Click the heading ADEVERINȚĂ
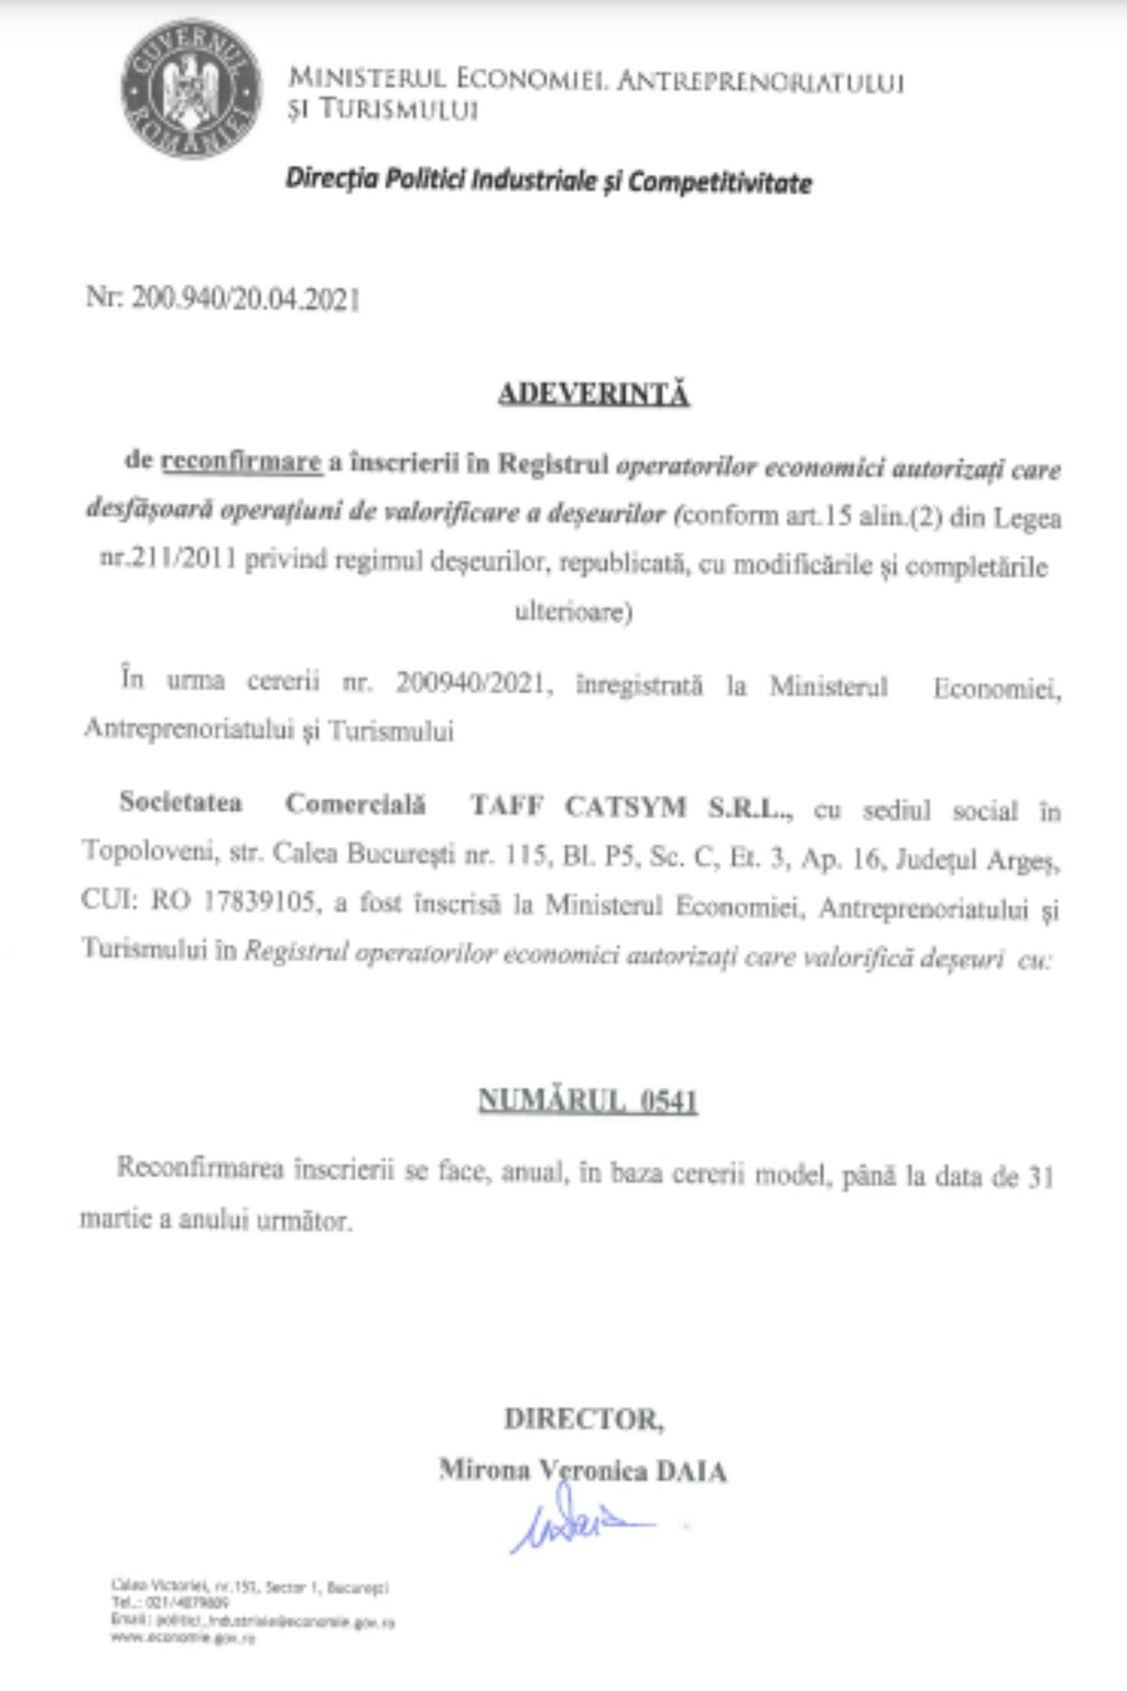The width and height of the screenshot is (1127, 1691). click(x=594, y=395)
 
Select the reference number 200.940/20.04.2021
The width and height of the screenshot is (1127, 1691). click(x=244, y=299)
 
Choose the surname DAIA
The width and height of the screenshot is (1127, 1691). click(x=690, y=1471)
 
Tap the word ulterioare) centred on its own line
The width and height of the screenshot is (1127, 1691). click(x=573, y=613)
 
